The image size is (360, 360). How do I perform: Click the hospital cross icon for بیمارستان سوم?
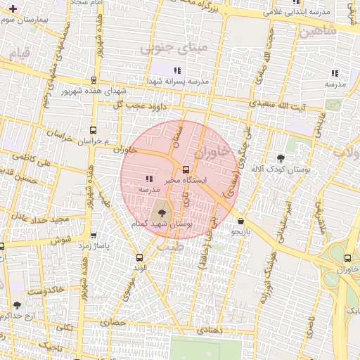pos(13,8)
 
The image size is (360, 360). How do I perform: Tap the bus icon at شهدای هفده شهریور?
pos(94,80)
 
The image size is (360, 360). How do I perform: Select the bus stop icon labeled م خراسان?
pos(94,130)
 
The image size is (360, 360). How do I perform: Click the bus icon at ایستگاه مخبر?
pos(186,169)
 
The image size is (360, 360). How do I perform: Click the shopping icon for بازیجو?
pos(241,220)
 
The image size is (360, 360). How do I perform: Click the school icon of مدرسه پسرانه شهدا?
pos(177,70)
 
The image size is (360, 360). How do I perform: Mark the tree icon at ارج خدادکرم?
pos(17,305)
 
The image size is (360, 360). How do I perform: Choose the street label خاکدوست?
pos(46,290)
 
